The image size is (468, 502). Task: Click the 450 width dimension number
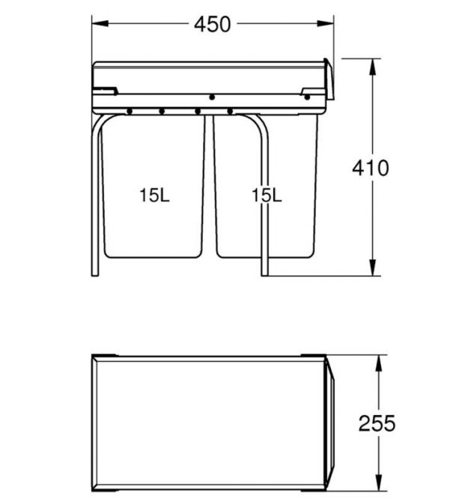pyautogui.click(x=212, y=24)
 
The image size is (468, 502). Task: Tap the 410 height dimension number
pyautogui.click(x=371, y=168)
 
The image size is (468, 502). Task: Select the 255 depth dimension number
pyautogui.click(x=377, y=423)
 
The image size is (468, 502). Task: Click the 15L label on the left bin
pyautogui.click(x=154, y=196)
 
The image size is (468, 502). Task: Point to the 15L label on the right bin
pyautogui.click(x=267, y=196)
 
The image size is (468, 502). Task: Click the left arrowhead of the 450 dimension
pyautogui.click(x=100, y=23)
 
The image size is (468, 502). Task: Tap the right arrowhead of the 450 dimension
pyautogui.click(x=325, y=23)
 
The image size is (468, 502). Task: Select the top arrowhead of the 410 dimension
pyautogui.click(x=372, y=67)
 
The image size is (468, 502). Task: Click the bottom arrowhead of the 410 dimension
pyautogui.click(x=372, y=267)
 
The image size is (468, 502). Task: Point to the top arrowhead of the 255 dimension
pyautogui.click(x=379, y=363)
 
